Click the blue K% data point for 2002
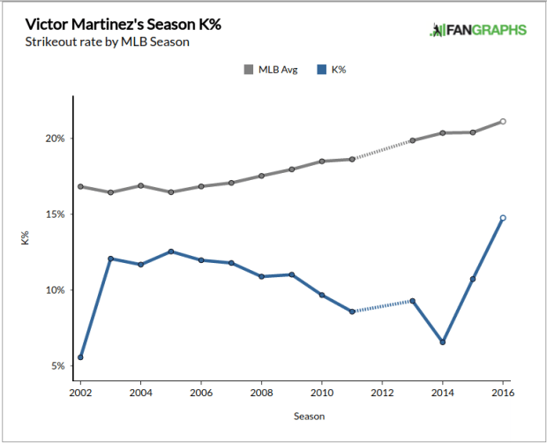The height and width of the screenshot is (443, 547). coord(80,357)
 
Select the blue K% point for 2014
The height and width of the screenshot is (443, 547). coord(443,342)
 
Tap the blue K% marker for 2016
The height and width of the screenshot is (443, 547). coord(503,218)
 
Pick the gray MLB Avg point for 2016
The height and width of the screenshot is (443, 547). coord(503,122)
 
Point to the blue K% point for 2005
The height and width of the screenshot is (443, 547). coord(171,252)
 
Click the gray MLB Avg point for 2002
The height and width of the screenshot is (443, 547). coord(80,187)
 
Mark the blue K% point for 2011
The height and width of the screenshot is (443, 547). coord(352,312)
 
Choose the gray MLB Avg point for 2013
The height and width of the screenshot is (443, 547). coord(412,140)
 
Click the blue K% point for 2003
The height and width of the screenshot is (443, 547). coord(110,259)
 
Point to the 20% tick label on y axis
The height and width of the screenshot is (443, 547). coord(55,139)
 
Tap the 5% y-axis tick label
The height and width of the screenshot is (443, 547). coord(57,365)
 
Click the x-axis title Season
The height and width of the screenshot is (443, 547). coord(291,414)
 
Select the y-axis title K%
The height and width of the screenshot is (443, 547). coord(26,238)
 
